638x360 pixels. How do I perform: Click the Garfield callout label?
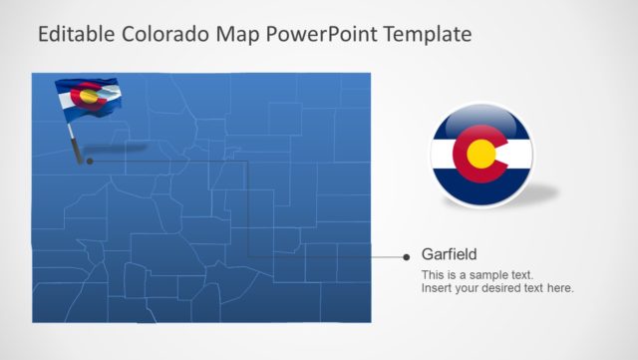(450, 254)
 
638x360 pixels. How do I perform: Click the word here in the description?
(560, 288)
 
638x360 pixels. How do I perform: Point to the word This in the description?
(433, 274)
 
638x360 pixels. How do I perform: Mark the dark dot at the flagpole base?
(90, 160)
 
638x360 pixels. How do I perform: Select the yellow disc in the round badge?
(482, 154)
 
